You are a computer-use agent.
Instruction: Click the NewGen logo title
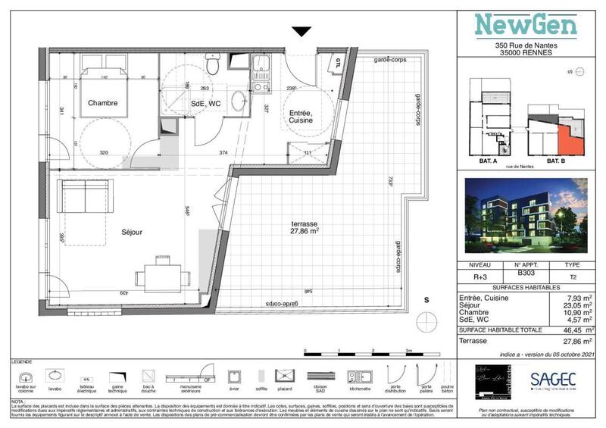click(x=526, y=25)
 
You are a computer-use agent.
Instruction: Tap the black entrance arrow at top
click(x=301, y=32)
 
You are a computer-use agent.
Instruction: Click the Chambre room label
click(x=102, y=103)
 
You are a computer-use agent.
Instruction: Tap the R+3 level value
click(x=480, y=278)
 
